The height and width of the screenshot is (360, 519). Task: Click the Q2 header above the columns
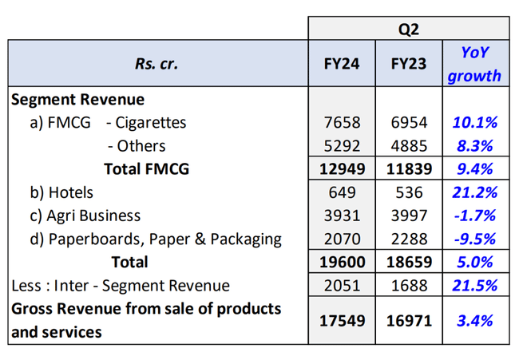pyautogui.click(x=408, y=29)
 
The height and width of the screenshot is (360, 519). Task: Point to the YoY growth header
pyautogui.click(x=474, y=65)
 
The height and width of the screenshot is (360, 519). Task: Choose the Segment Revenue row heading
pyautogui.click(x=77, y=100)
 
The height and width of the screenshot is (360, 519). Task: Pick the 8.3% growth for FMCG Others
pyautogui.click(x=474, y=146)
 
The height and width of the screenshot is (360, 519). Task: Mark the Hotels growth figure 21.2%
pyautogui.click(x=474, y=192)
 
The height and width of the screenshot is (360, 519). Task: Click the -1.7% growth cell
pyautogui.click(x=474, y=216)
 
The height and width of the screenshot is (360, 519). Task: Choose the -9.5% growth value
pyautogui.click(x=474, y=239)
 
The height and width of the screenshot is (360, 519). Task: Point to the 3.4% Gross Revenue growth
pyautogui.click(x=474, y=320)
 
